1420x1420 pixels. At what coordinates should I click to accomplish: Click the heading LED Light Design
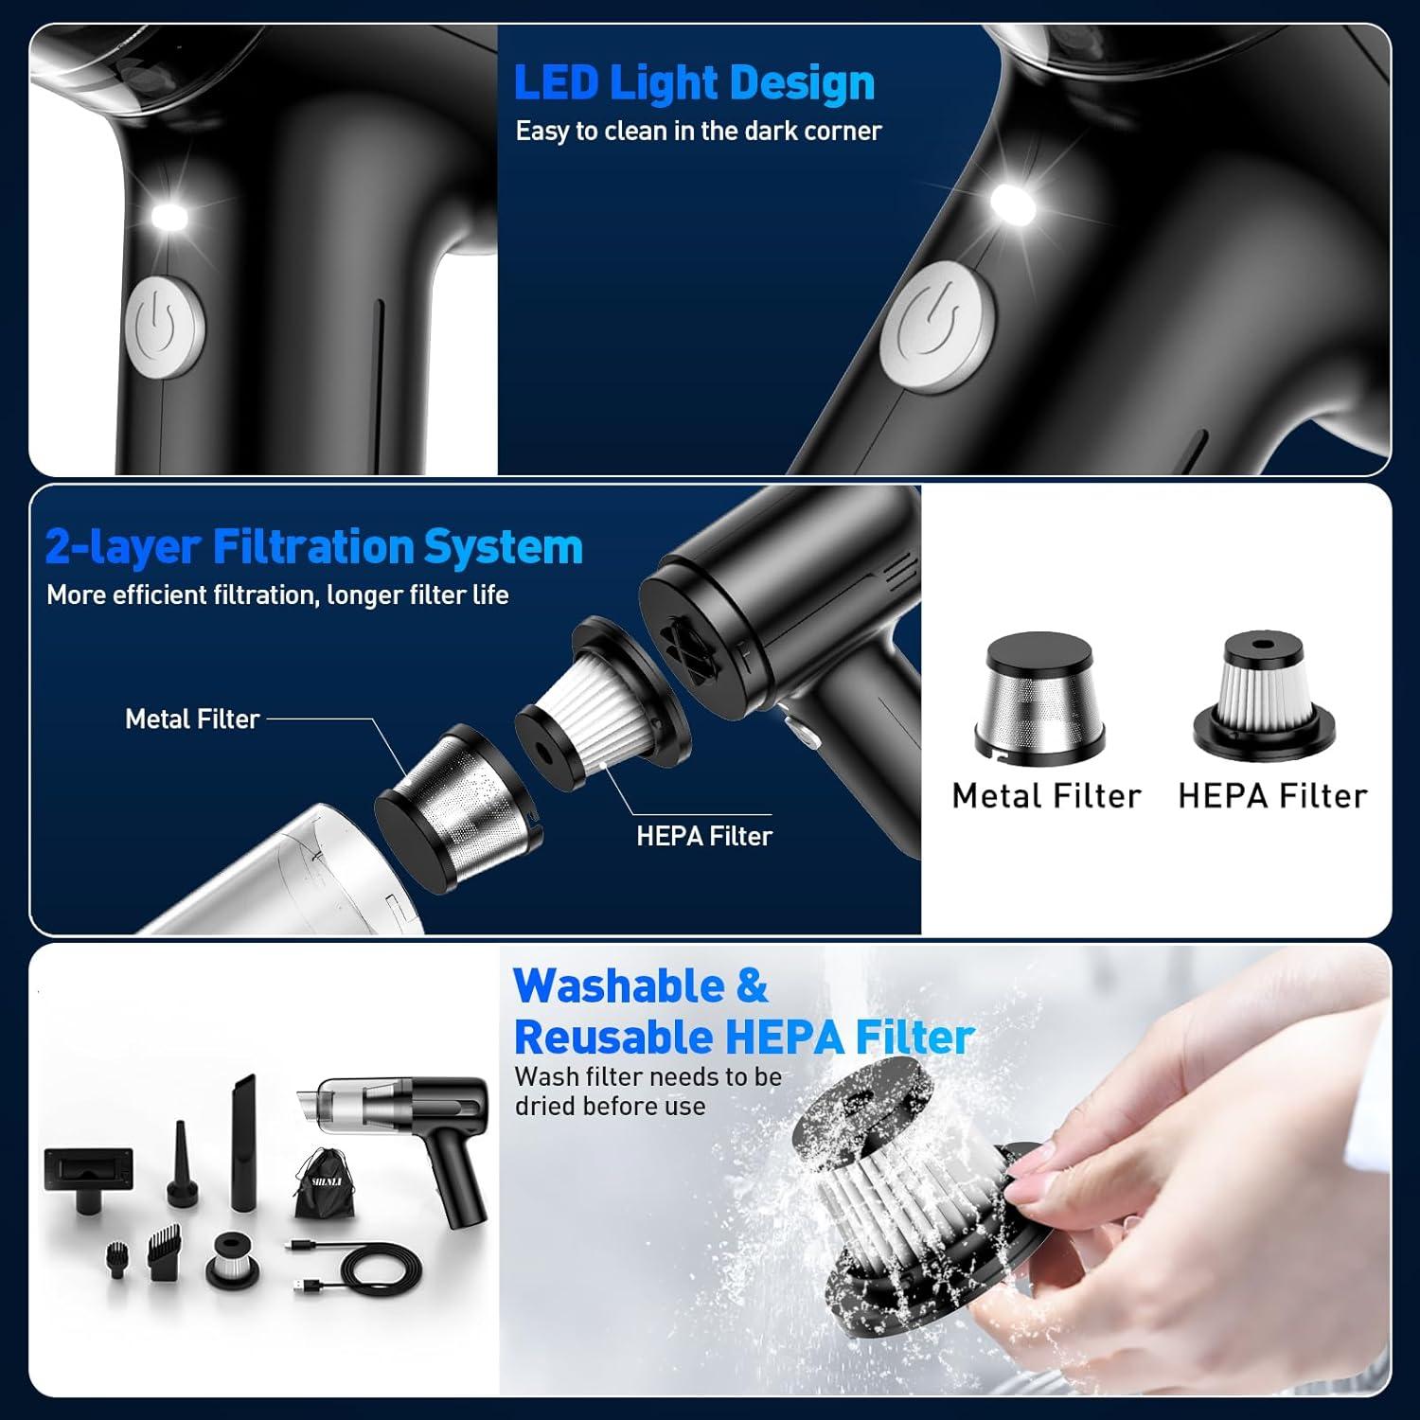pos(694,83)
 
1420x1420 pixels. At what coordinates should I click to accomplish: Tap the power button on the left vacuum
pos(165,328)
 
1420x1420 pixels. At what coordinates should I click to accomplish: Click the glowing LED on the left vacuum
pos(169,215)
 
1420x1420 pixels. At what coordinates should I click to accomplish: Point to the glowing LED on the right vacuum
pos(1012,204)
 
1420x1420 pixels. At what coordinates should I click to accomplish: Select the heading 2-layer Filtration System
pos(313,547)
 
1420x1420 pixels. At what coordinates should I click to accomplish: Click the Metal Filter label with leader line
pos(192,719)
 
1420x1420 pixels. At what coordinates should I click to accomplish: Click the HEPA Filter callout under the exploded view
pos(703,836)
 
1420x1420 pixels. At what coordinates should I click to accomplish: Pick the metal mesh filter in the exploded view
pos(458,808)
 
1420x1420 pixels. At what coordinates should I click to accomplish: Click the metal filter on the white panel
pos(1039,696)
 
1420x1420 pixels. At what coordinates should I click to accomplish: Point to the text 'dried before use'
pos(610,1107)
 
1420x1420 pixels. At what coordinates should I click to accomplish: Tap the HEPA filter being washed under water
pos(909,1193)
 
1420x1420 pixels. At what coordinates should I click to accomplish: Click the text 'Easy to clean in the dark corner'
pos(698,131)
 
